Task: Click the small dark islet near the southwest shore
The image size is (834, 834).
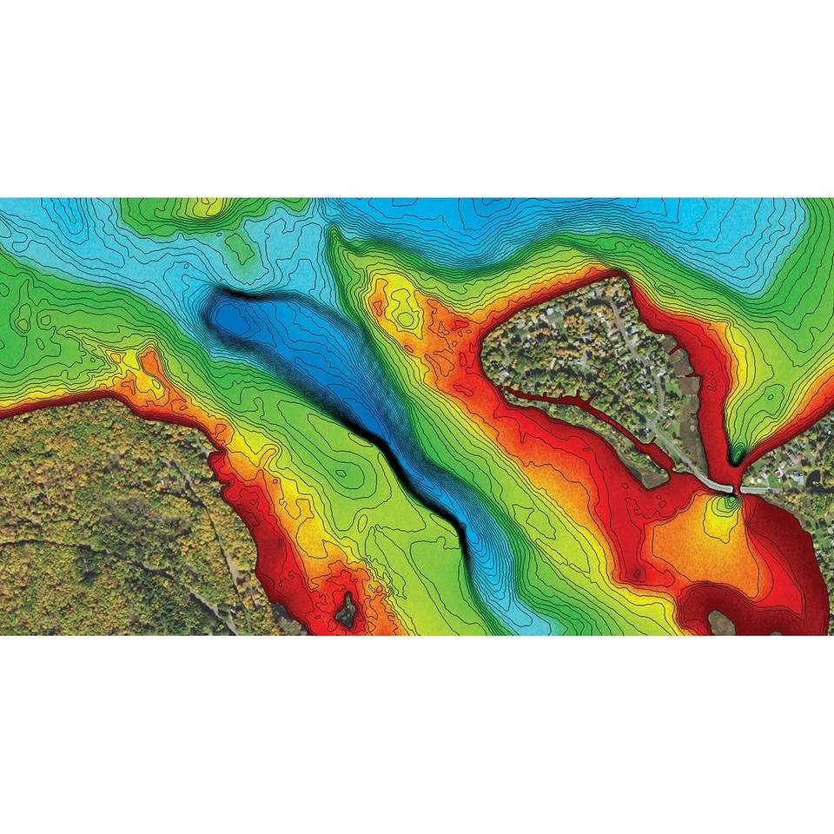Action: (347, 610)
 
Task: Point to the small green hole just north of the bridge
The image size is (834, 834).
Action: (737, 453)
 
